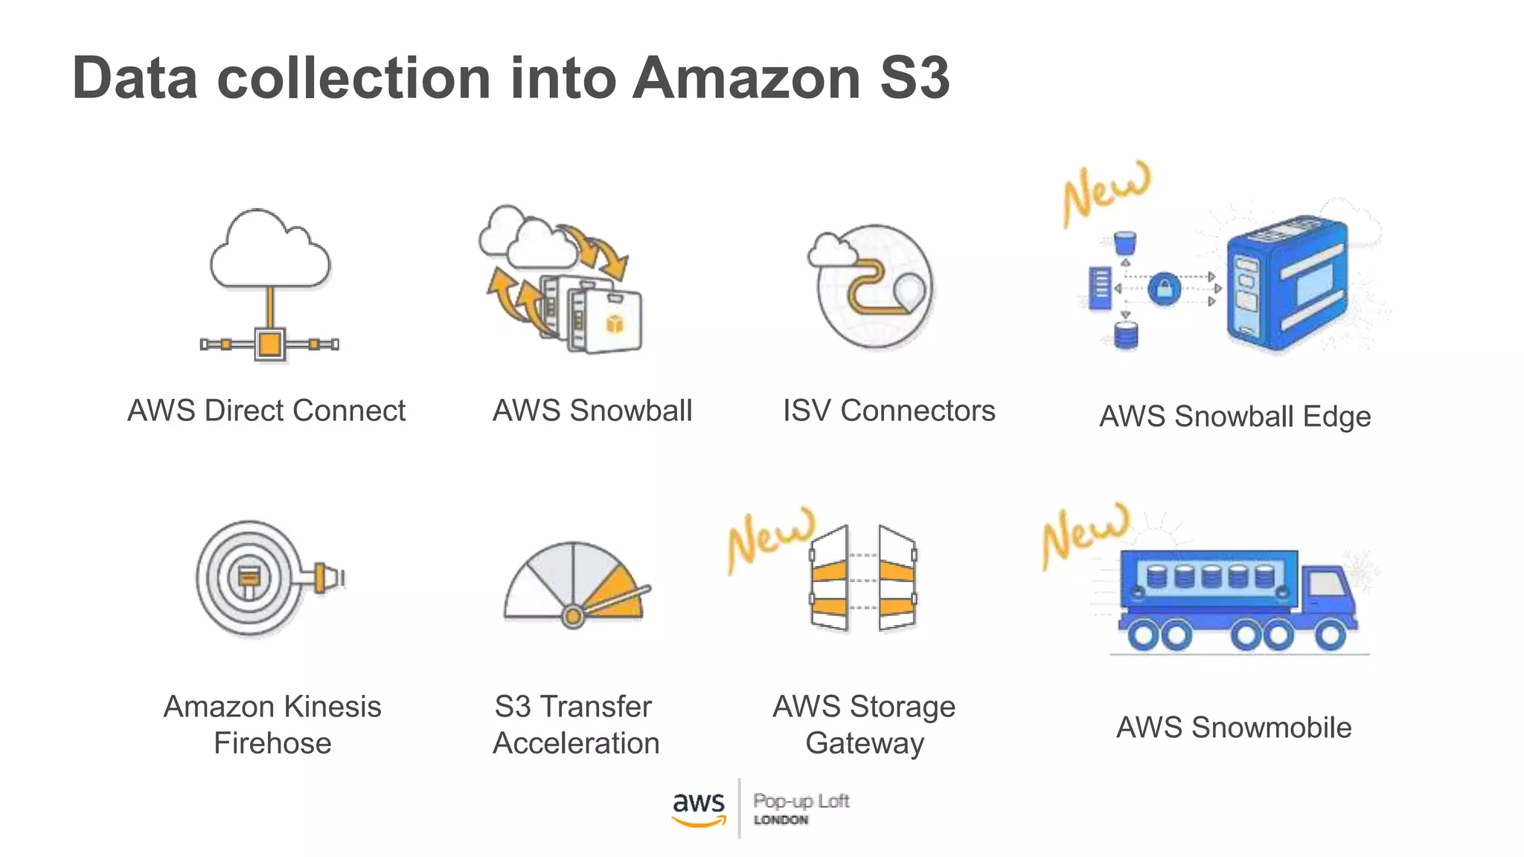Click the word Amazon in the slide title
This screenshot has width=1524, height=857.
tap(746, 78)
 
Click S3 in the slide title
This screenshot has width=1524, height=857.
tap(914, 78)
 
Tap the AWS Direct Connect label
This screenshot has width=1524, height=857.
tap(266, 411)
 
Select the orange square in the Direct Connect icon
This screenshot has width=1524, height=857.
tap(269, 344)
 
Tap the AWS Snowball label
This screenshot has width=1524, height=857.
tap(592, 411)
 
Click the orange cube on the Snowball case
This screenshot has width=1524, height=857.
tap(615, 324)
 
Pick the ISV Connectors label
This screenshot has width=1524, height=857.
tap(889, 411)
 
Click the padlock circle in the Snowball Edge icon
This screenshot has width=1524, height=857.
tap(1165, 289)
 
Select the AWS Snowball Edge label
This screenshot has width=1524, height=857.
tap(1235, 417)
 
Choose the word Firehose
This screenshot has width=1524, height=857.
tap(272, 743)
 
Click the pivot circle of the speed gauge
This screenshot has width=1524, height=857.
tap(572, 616)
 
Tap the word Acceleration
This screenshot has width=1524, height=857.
tap(576, 743)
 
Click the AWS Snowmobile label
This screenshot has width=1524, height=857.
tap(1234, 727)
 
